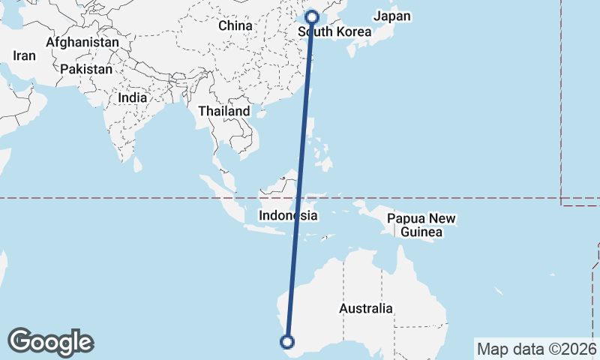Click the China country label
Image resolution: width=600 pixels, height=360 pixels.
[x=235, y=25]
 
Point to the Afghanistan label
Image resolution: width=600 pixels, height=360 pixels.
[x=82, y=43]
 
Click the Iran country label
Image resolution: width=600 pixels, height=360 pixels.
[x=25, y=55]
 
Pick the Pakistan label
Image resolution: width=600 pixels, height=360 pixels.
[x=86, y=69]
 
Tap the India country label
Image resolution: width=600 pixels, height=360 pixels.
[x=132, y=97]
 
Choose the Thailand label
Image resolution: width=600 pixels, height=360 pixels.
[x=223, y=111]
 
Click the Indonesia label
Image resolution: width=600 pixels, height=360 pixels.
[x=288, y=215]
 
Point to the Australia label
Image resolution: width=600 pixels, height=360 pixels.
[x=365, y=308]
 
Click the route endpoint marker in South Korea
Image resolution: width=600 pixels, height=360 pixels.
[x=313, y=16]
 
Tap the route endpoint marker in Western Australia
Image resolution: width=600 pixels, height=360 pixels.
[x=286, y=342]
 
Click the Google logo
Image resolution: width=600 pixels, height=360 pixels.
[x=50, y=341]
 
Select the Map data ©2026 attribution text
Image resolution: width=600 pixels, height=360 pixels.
[x=536, y=349]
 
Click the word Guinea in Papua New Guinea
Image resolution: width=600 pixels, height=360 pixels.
[x=421, y=232]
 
